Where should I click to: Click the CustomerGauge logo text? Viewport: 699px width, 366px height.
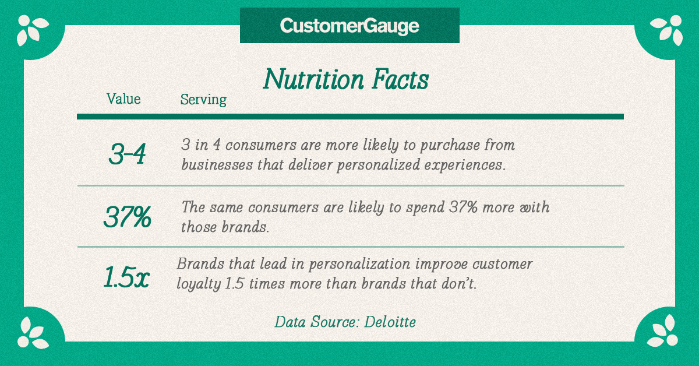349,26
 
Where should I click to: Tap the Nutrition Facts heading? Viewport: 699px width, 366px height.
346,79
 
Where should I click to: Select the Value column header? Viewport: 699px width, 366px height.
123,98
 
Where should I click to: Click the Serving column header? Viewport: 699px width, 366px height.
203,100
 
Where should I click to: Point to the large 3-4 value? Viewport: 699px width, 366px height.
128,154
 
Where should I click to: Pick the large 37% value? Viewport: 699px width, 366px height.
128,217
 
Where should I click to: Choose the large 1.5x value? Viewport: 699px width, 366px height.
127,277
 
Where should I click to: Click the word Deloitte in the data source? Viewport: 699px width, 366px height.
390,322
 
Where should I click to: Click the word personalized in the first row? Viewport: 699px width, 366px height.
378,165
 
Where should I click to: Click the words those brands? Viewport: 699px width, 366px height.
225,227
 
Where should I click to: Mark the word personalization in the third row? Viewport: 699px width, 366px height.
359,265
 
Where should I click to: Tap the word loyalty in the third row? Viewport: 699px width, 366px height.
199,284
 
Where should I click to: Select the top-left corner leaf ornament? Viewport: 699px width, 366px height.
33,30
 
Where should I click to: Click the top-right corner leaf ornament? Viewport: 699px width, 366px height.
666,30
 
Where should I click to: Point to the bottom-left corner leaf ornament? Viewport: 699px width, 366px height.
33,333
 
